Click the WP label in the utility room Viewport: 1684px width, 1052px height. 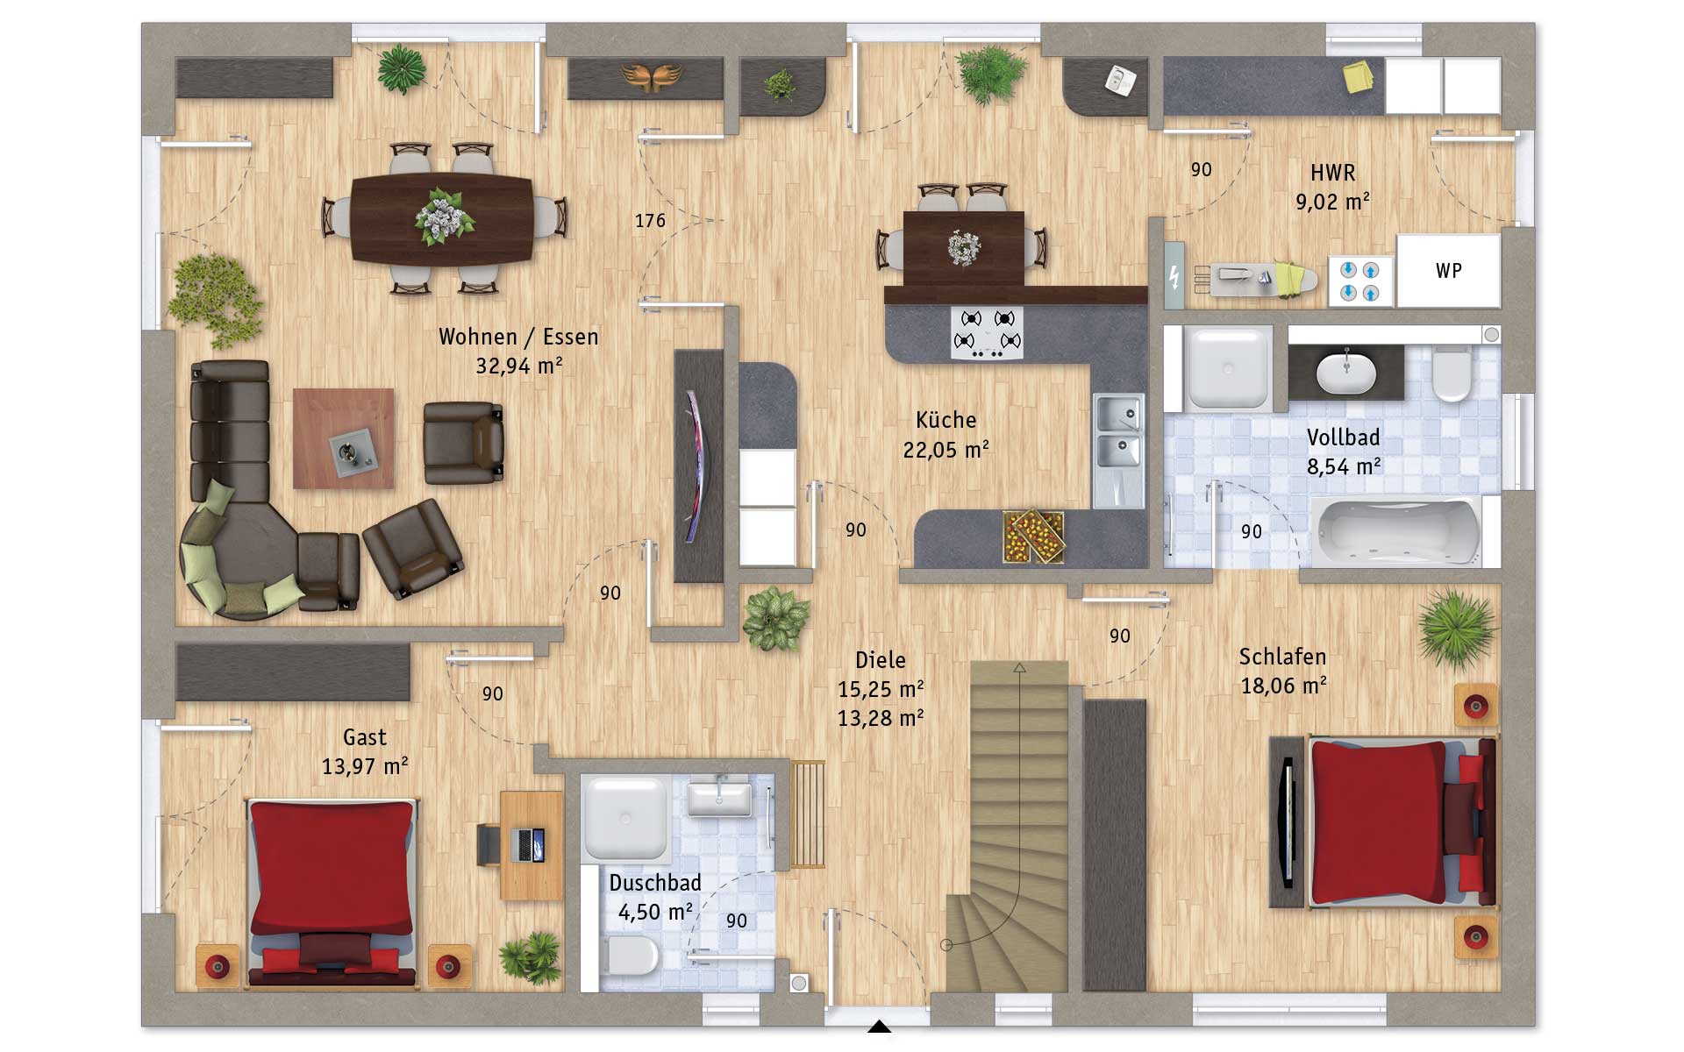pos(1449,271)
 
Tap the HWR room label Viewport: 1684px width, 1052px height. pos(1333,173)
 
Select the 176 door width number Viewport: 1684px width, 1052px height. pos(650,221)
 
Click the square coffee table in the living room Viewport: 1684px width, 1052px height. pos(344,438)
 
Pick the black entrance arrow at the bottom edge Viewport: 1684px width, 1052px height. pos(879,1027)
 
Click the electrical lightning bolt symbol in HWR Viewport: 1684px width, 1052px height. pos(1174,278)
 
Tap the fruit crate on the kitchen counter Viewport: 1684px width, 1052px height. pos(1035,535)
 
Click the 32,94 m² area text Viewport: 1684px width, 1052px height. pos(519,366)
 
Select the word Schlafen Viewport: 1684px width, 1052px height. pos(1282,657)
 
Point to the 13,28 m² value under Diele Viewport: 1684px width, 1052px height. pos(881,719)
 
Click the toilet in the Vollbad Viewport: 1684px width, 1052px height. pos(1452,372)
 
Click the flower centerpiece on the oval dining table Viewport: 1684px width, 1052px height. pos(443,216)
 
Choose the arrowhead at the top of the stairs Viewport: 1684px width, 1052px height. pos(1019,668)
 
